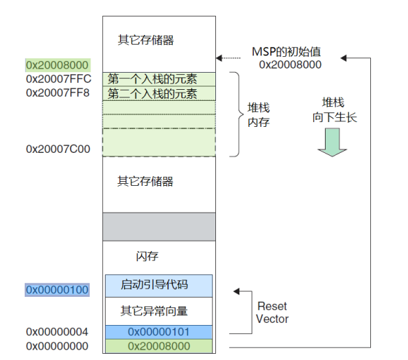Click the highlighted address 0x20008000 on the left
click(58, 65)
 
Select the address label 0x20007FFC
click(58, 79)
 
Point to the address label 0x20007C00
click(58, 148)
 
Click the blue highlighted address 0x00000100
click(58, 290)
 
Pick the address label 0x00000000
click(58, 346)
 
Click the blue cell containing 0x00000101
click(159, 332)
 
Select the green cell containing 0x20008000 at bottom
click(159, 346)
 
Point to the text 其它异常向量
click(154, 311)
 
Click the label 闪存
click(147, 256)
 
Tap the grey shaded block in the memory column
click(159, 226)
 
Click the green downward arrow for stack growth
click(332, 143)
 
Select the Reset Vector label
click(272, 313)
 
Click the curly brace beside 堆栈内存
click(235, 114)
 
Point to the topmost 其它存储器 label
click(145, 40)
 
